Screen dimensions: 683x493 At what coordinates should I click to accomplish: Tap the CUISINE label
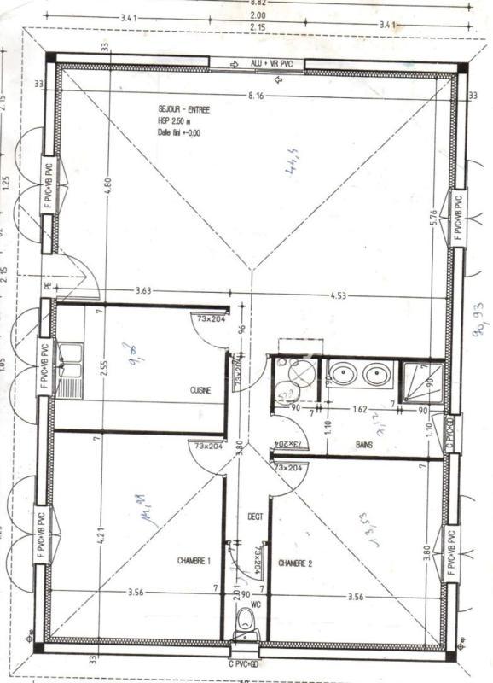point(200,390)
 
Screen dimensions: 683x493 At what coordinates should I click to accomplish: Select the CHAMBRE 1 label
point(194,561)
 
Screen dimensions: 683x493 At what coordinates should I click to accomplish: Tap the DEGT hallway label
point(255,517)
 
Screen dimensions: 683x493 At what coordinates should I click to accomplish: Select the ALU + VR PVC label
point(271,64)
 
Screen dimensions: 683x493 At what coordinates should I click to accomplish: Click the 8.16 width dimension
point(255,96)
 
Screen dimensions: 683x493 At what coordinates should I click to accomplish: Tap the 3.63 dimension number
point(143,292)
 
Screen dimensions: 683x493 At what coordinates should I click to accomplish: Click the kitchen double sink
point(70,363)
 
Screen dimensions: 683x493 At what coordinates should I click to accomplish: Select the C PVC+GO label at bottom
point(244,663)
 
